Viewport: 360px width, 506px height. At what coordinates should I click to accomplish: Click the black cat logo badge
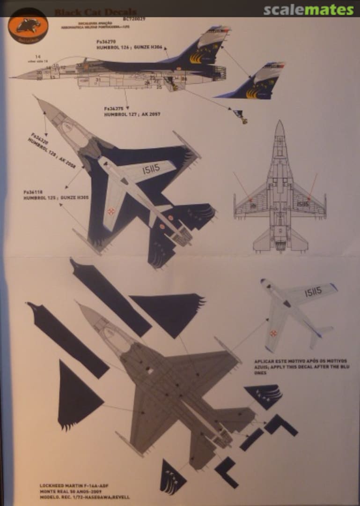[28, 27]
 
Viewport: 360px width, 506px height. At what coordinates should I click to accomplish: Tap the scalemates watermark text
[309, 10]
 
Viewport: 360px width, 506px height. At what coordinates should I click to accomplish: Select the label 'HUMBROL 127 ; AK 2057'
[132, 114]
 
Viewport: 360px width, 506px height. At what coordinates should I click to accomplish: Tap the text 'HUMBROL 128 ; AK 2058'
[52, 153]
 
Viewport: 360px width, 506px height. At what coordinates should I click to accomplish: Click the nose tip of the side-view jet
[11, 77]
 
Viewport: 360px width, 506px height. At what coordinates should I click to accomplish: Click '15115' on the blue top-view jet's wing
[148, 168]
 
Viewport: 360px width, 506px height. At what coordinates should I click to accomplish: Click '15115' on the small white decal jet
[313, 292]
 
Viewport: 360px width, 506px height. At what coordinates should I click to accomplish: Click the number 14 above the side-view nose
[37, 57]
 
